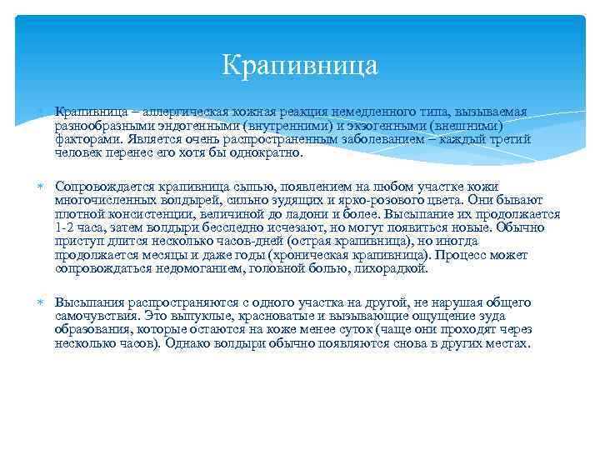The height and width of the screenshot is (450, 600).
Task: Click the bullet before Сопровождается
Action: click(39, 187)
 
